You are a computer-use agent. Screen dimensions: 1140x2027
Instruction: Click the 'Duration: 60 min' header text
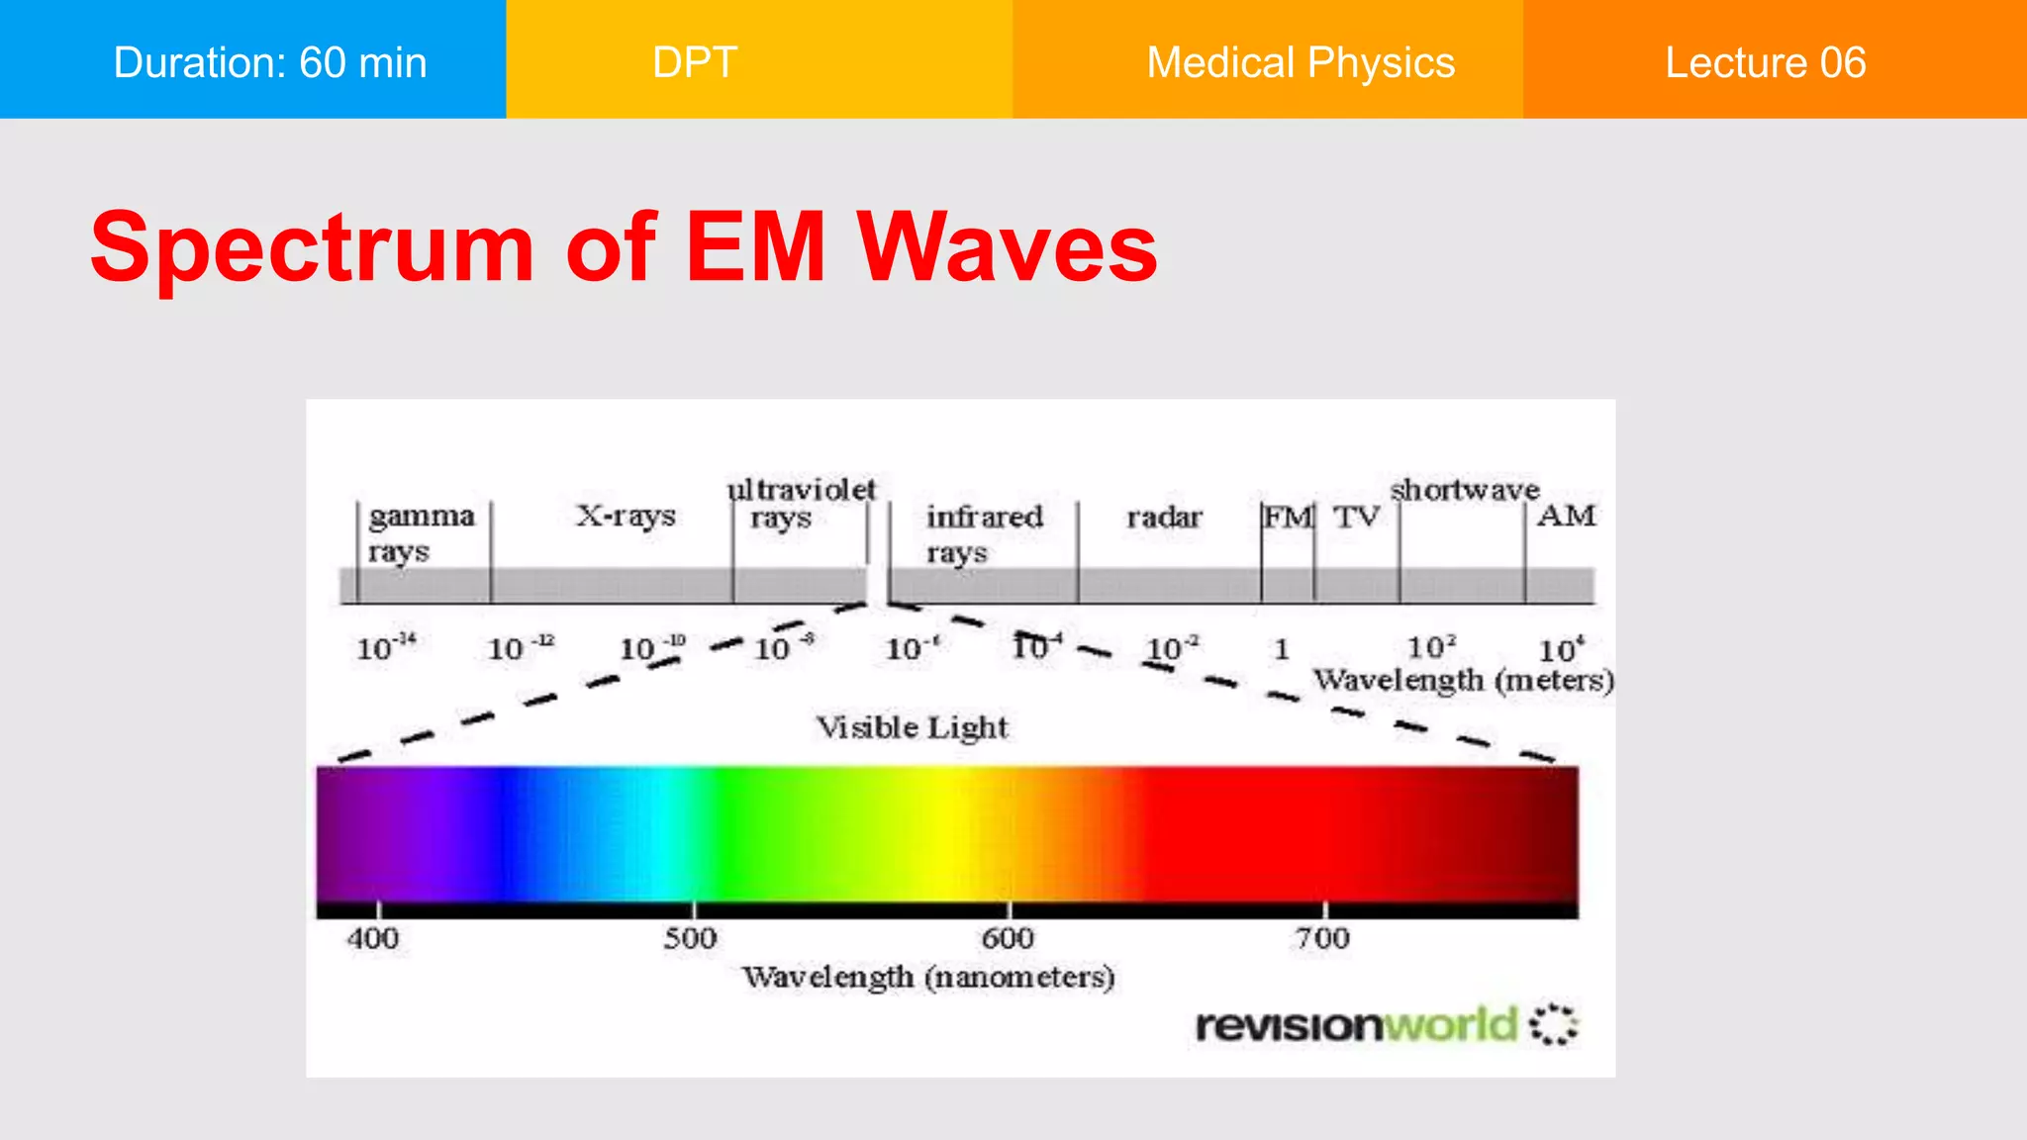point(270,62)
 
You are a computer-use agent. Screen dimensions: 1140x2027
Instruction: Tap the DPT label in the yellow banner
point(695,62)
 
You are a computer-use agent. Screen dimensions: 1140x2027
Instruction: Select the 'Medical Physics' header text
point(1301,62)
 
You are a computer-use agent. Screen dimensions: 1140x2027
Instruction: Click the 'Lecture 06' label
point(1765,62)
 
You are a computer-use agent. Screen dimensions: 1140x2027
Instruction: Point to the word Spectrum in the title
point(312,247)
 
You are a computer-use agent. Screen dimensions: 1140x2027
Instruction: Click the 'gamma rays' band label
point(421,532)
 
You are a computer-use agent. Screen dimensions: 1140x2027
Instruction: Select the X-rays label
point(626,516)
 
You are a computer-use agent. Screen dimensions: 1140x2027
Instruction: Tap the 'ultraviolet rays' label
point(800,503)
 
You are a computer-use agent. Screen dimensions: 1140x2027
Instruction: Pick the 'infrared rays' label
point(984,532)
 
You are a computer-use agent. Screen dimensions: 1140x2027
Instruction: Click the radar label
point(1164,517)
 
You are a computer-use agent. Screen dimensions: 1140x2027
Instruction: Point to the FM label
point(1288,517)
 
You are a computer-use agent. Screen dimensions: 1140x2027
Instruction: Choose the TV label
point(1356,517)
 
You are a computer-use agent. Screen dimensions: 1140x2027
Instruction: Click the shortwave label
point(1465,490)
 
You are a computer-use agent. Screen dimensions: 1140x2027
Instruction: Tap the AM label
point(1567,516)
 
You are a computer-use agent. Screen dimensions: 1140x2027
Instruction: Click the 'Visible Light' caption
point(912,727)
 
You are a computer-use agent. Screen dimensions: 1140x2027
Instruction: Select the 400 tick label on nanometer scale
point(373,938)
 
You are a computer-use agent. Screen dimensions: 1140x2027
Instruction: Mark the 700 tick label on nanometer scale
point(1322,938)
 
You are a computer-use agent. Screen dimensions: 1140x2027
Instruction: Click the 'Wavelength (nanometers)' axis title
point(928,978)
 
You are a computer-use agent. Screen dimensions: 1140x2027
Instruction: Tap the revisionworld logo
point(1386,1025)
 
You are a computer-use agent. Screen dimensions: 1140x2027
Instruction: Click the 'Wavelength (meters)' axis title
point(1463,681)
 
